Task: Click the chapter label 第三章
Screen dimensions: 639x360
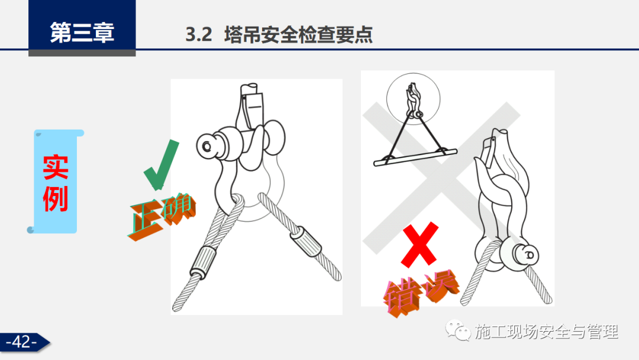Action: pyautogui.click(x=82, y=32)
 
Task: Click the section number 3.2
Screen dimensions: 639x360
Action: pyautogui.click(x=199, y=34)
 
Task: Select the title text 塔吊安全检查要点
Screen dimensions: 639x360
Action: pyautogui.click(x=298, y=34)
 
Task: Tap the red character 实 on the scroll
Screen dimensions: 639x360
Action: pyautogui.click(x=56, y=167)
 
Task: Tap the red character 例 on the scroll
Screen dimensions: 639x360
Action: pyautogui.click(x=56, y=198)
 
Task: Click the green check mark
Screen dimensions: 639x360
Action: pyautogui.click(x=162, y=165)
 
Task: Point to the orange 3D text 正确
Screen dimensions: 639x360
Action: pyautogui.click(x=162, y=216)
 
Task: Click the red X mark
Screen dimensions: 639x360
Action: pyautogui.click(x=419, y=244)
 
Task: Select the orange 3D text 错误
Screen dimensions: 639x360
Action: pyautogui.click(x=421, y=292)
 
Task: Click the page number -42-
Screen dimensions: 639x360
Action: pyautogui.click(x=22, y=342)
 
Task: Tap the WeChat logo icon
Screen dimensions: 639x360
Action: pyautogui.click(x=457, y=330)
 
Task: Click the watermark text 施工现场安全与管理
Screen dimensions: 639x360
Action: pyautogui.click(x=547, y=332)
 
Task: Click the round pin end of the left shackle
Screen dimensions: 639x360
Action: pyautogui.click(x=207, y=146)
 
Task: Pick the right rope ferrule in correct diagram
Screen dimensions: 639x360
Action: pyautogui.click(x=306, y=242)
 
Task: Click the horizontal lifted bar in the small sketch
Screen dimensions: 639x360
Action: pyautogui.click(x=415, y=157)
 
